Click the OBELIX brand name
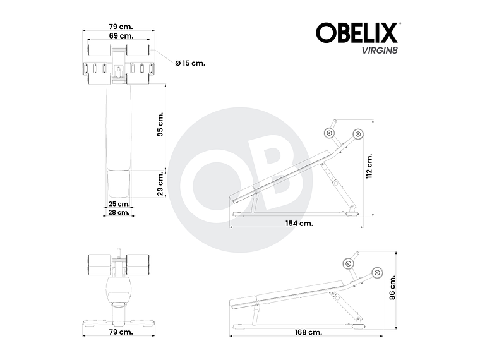357,33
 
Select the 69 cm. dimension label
119,37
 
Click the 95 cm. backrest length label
160,124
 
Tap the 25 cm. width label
119,204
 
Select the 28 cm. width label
119,213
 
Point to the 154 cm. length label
297,223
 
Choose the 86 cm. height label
392,288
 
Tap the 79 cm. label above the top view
119,27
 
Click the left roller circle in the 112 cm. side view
328,133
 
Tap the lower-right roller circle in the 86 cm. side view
377,273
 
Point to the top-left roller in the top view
99,49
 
